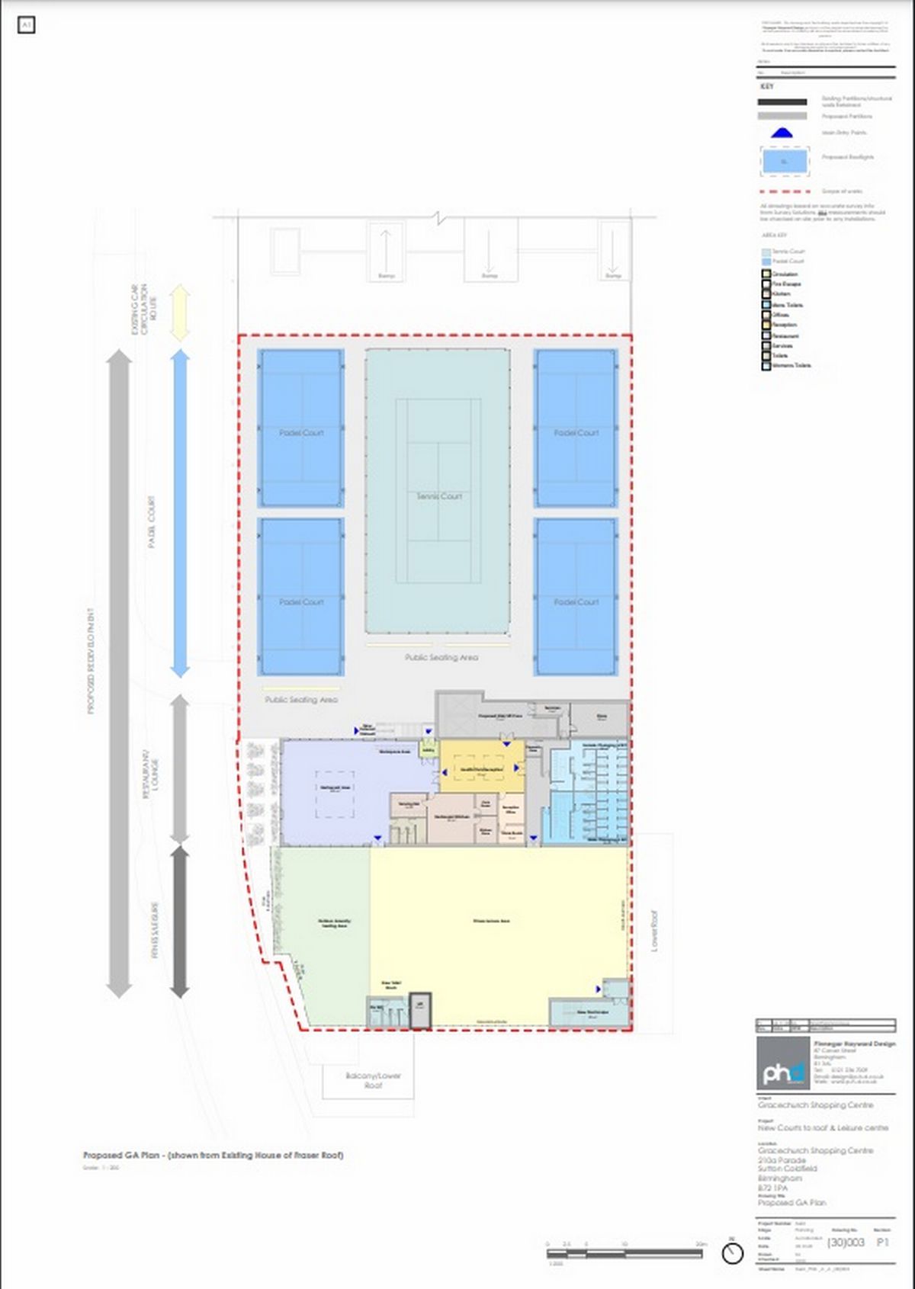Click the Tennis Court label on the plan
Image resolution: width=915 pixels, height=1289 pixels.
[x=438, y=496]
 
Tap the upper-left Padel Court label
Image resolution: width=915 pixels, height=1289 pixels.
[x=301, y=432]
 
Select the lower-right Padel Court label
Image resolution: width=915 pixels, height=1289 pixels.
[x=576, y=601]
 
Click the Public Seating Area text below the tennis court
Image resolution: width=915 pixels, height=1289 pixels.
[x=441, y=657]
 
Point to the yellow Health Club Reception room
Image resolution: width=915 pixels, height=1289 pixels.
[x=482, y=769]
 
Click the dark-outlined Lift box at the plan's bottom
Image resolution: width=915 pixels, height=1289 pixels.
[x=420, y=1009]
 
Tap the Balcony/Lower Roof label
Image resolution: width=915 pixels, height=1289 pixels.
[x=373, y=1079]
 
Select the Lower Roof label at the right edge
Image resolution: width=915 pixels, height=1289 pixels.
[x=654, y=931]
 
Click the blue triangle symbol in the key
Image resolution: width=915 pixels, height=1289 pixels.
[x=782, y=133]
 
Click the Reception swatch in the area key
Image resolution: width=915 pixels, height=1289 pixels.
[x=766, y=325]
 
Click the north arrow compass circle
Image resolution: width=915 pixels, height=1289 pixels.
[x=733, y=1253]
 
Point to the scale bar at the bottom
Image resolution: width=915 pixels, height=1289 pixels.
[x=624, y=1253]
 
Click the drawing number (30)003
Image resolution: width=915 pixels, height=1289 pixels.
[x=846, y=1243]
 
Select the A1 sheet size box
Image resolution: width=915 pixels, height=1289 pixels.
[x=26, y=25]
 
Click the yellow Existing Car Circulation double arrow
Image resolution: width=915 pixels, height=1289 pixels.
[x=179, y=313]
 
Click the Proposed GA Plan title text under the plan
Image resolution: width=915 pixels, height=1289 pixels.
[x=213, y=1155]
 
